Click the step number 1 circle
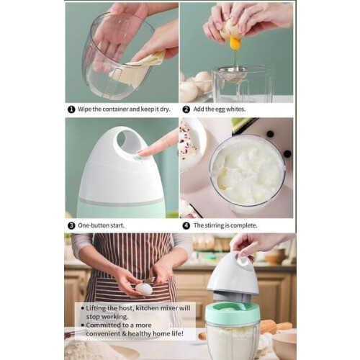[x=71, y=109]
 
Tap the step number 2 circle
[x=186, y=109]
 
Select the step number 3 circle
[x=71, y=225]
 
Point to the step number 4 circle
[x=186, y=225]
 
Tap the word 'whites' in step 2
[x=235, y=109]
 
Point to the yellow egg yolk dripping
[x=235, y=43]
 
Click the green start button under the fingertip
[x=138, y=158]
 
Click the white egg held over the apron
[x=143, y=289]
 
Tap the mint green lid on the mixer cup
[x=233, y=312]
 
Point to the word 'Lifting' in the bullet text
[x=96, y=308]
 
